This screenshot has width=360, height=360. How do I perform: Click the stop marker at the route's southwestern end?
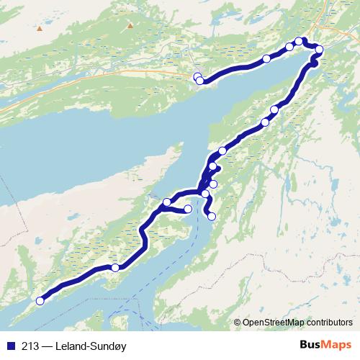coord(40,301)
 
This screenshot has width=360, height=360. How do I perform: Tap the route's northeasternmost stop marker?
coord(319,50)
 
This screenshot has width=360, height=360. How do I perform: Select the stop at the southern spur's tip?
coord(212,216)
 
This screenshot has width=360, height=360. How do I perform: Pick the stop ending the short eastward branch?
coord(189,209)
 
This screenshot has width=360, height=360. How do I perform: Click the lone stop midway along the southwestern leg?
coord(115,268)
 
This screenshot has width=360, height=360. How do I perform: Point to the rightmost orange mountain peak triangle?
coord(130,25)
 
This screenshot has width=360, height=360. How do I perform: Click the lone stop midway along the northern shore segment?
coord(266,58)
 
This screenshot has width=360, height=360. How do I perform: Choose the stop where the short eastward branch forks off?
coord(167,202)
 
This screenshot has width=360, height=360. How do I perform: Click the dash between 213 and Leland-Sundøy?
coord(47,343)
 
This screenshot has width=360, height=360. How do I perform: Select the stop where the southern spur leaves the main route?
coord(206,194)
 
